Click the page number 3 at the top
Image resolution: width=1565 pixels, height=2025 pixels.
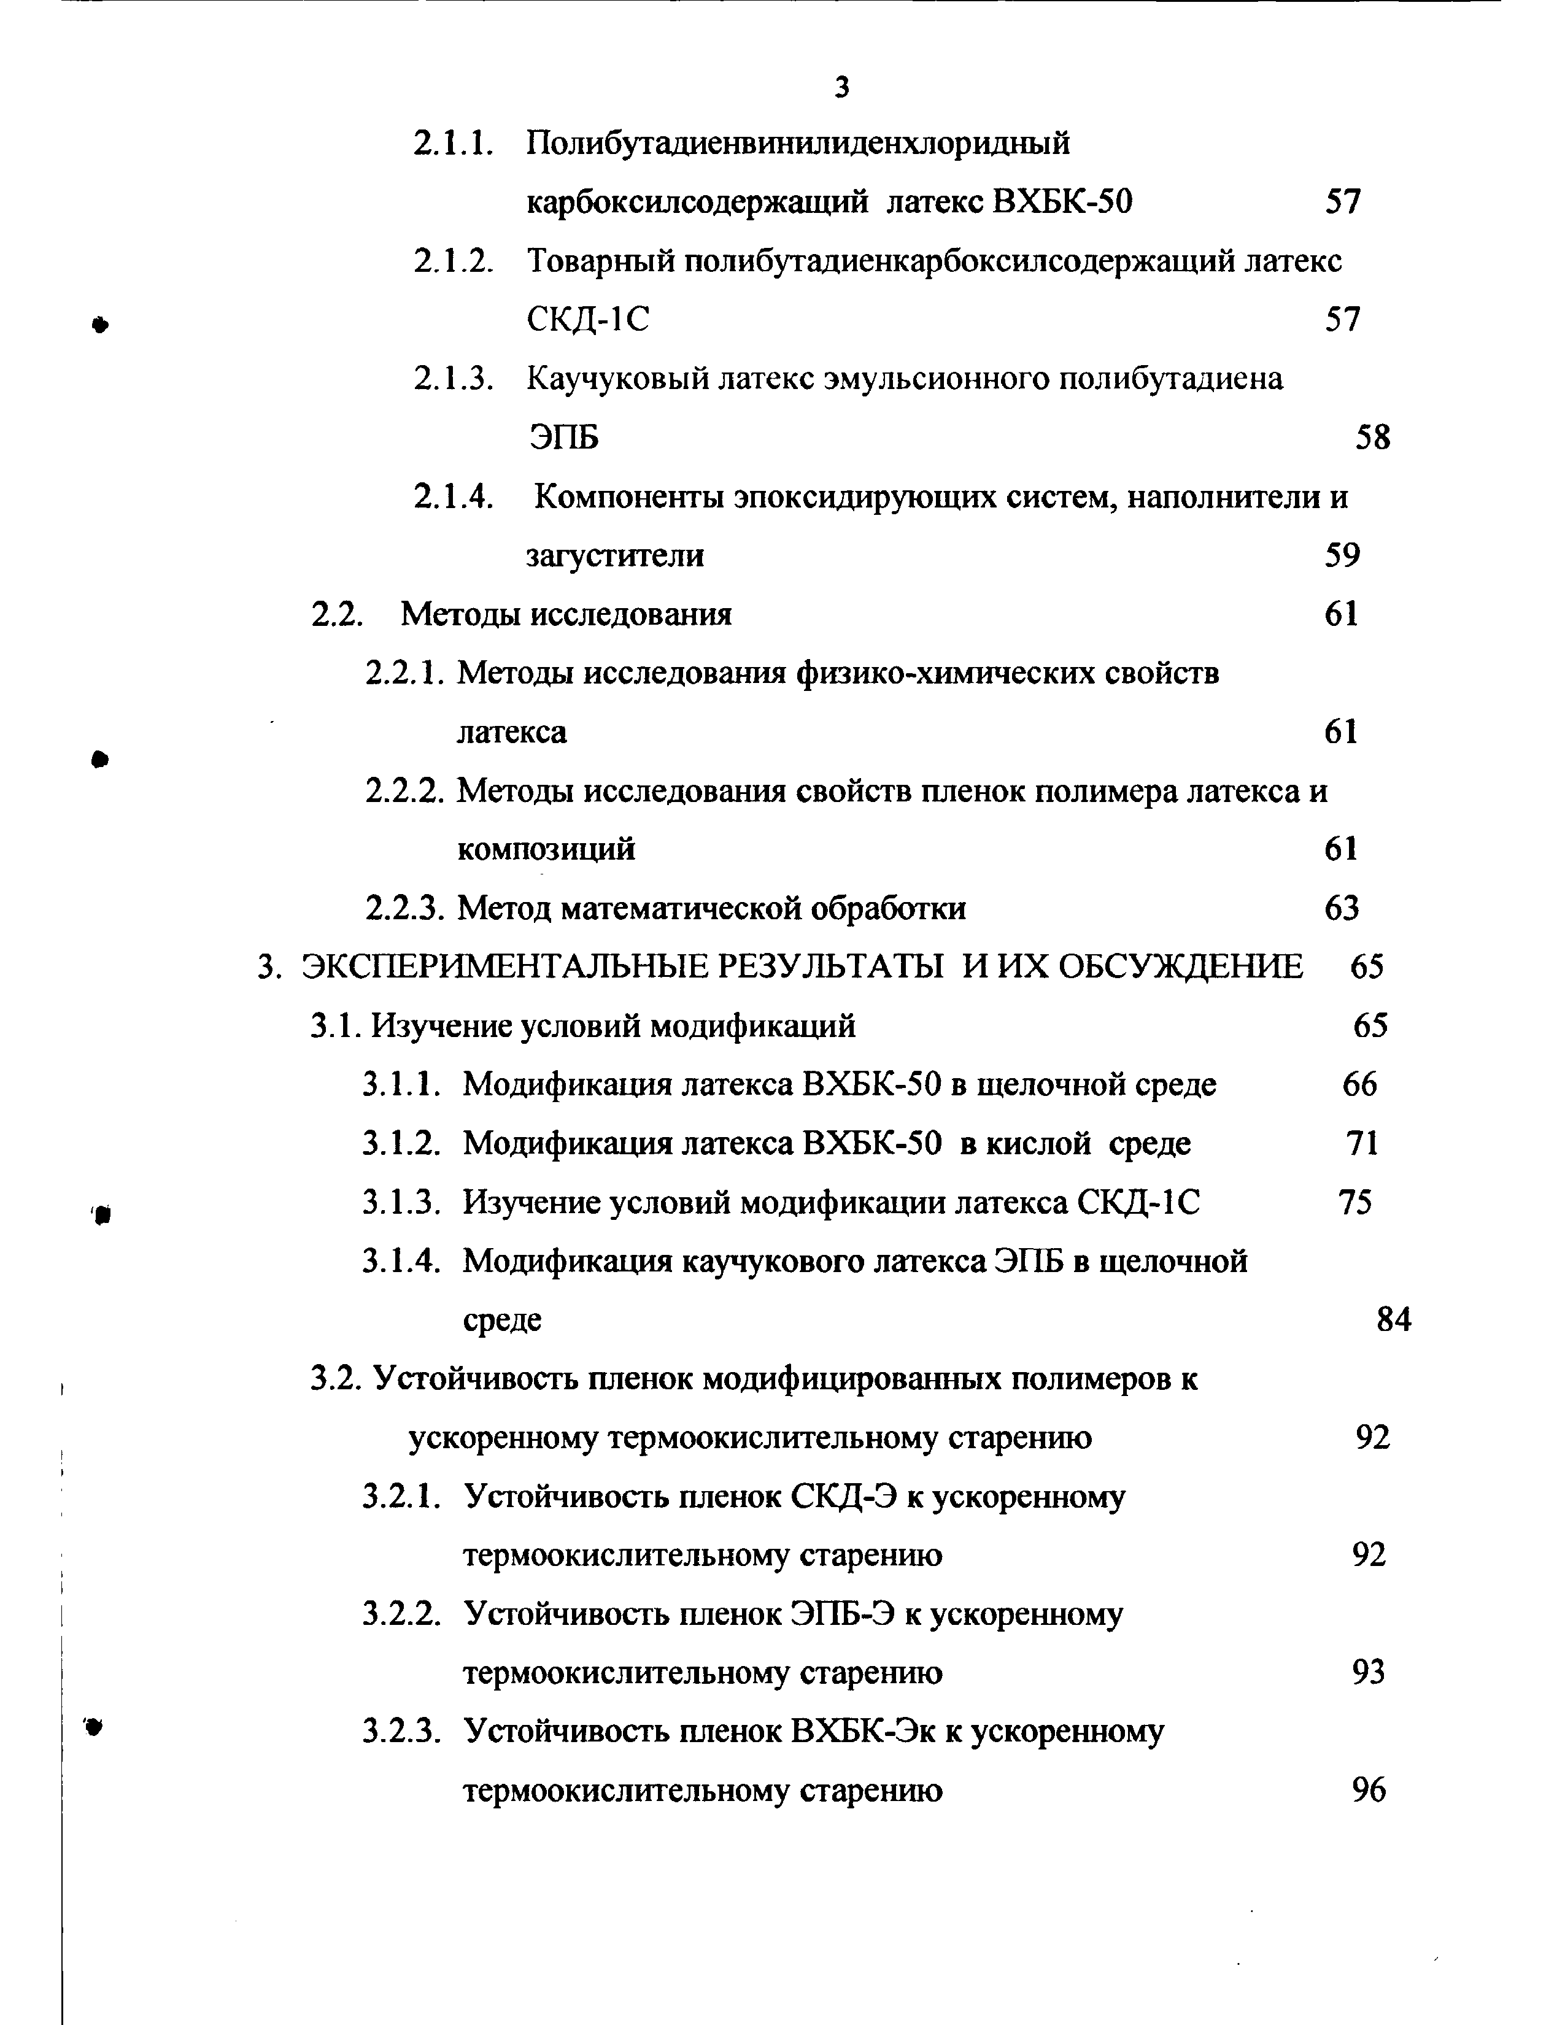842,87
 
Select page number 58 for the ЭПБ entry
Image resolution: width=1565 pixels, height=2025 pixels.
1372,437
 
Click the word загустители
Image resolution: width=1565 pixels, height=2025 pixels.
615,555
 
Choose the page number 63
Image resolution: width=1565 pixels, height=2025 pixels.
1342,908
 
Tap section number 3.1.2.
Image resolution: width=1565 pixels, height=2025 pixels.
401,1143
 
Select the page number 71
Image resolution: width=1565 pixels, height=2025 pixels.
1362,1143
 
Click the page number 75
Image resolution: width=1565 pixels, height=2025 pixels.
1356,1203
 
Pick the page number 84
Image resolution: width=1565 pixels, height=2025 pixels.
1394,1319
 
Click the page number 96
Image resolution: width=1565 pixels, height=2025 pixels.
1369,1791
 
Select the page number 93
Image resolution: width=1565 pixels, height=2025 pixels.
1369,1673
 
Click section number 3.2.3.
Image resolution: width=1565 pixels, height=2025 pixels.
401,1731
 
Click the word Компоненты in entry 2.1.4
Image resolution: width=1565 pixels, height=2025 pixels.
628,497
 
